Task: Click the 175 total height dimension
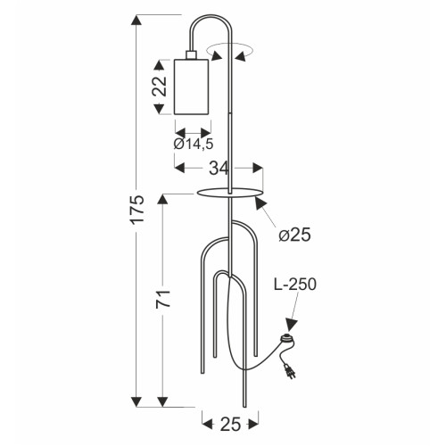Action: coord(137,209)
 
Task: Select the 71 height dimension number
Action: coord(163,299)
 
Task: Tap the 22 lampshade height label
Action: coord(160,87)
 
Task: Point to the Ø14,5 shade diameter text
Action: coord(194,144)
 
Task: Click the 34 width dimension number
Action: coord(219,169)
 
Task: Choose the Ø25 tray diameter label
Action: coord(294,235)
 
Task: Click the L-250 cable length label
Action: coord(295,285)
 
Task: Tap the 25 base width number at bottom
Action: coord(230,424)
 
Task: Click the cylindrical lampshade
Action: coord(191,87)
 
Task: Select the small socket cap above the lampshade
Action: coord(191,55)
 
